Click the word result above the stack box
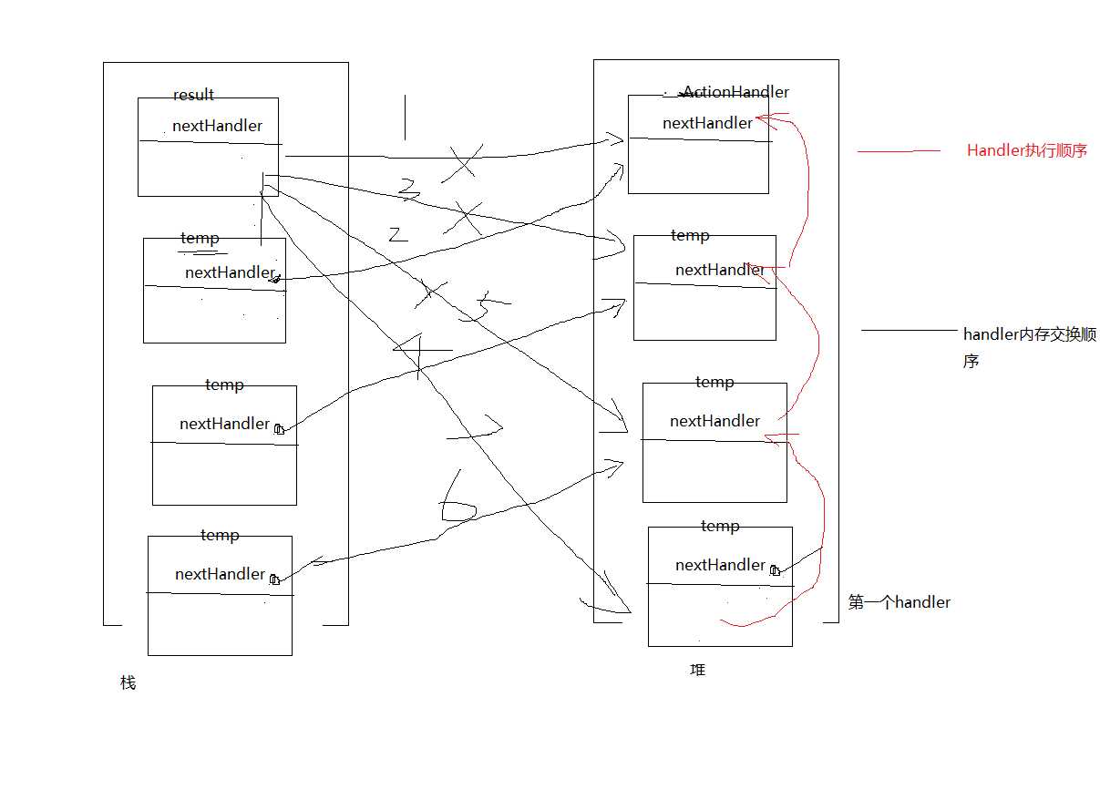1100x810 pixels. (x=193, y=95)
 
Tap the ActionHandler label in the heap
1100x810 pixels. (x=735, y=92)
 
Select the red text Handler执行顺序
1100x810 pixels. (x=1027, y=150)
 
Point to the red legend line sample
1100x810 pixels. (x=899, y=151)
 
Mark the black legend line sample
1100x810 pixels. (x=909, y=331)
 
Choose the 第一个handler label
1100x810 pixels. (x=899, y=602)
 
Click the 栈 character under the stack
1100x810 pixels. (x=128, y=682)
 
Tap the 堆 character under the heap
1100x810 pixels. (x=698, y=670)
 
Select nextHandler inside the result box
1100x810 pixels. (x=217, y=126)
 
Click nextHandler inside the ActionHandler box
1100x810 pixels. (x=707, y=123)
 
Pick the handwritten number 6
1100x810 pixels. (x=457, y=499)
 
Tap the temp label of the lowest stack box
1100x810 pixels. (x=219, y=535)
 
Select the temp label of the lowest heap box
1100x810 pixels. (x=719, y=526)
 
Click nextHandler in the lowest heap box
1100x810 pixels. (x=720, y=565)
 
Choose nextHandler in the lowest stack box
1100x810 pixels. (x=220, y=574)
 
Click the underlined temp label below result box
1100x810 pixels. (x=200, y=239)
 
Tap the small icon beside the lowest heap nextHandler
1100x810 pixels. (x=775, y=570)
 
